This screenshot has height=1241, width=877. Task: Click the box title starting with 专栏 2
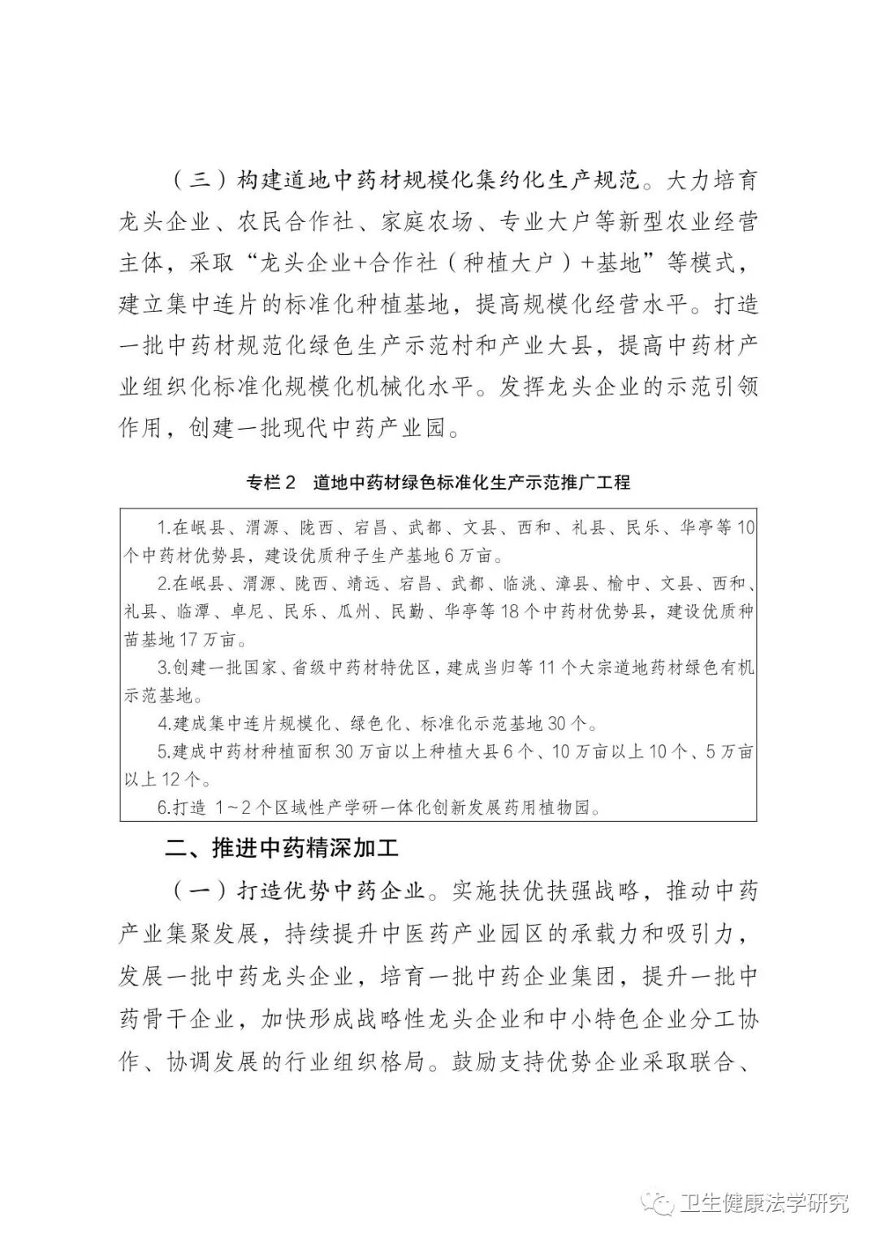[438, 482]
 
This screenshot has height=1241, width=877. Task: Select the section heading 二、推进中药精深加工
[282, 850]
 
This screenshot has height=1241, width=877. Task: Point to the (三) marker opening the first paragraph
[197, 180]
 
